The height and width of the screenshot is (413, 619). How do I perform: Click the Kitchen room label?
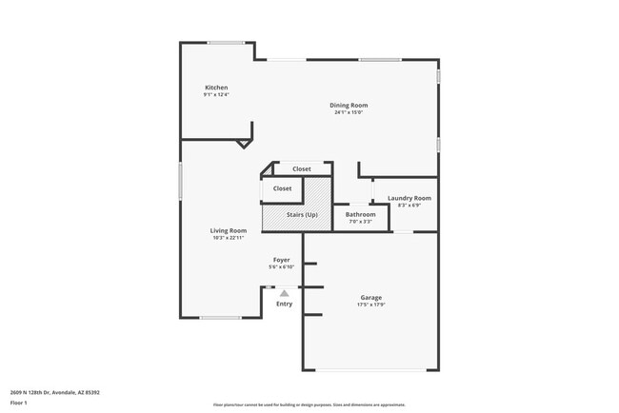coord(215,88)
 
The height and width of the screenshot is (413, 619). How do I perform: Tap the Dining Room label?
coord(349,105)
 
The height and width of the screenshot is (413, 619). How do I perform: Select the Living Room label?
coord(229,230)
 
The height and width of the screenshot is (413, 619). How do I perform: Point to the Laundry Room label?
coord(409,198)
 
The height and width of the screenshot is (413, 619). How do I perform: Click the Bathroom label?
coord(360,214)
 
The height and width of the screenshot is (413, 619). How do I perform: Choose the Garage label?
coord(370,298)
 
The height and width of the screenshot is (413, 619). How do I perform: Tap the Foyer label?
coord(282,260)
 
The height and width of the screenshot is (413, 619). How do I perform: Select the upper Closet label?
coord(301,168)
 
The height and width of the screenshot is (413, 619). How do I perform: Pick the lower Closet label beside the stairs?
coord(282,188)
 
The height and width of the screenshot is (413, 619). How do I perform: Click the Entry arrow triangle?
coord(284,294)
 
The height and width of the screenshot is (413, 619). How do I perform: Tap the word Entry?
coord(284,304)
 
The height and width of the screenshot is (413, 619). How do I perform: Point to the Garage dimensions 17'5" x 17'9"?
coord(370,305)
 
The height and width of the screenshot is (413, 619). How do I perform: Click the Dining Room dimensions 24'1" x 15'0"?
coord(349,112)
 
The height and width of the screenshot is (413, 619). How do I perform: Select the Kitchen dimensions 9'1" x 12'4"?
coord(215,95)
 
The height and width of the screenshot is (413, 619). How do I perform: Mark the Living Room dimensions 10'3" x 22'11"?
coord(229,238)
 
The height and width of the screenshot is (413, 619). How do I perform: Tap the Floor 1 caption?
coord(20,403)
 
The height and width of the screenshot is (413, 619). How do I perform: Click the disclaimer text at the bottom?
coord(309,404)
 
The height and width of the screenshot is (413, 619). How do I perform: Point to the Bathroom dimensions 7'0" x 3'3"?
coord(360,222)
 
